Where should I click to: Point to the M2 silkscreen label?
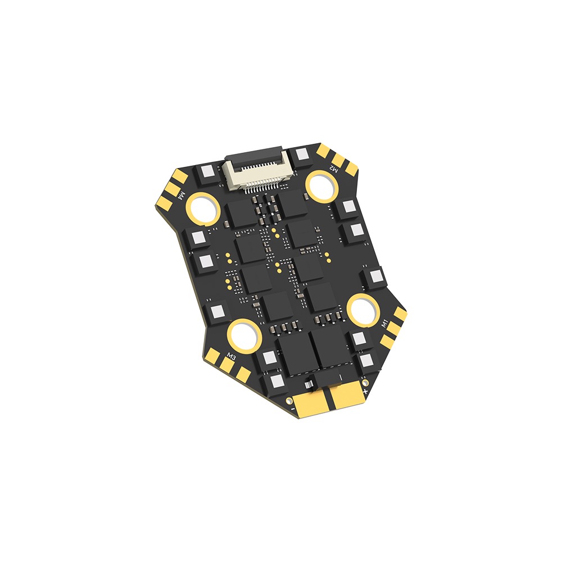click(334, 167)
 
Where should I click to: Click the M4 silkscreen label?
click(182, 194)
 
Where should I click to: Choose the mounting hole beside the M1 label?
click(362, 309)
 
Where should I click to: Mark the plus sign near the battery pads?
click(365, 390)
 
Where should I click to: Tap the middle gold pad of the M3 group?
click(228, 366)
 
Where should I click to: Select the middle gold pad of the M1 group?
click(393, 327)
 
